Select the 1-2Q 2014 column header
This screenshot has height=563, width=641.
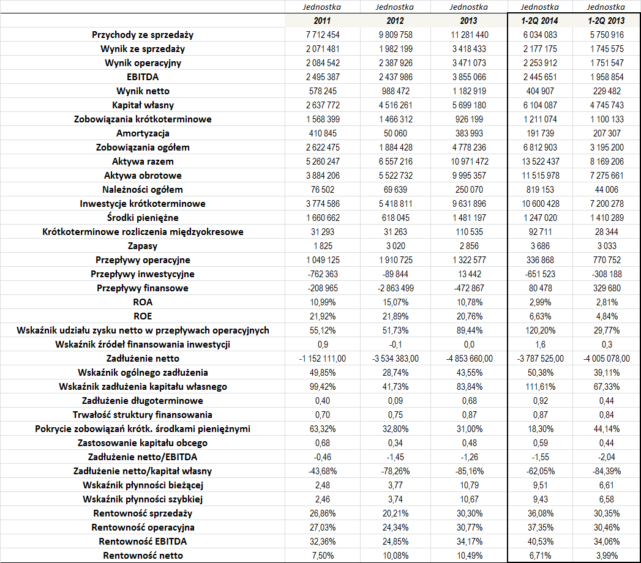click(539, 21)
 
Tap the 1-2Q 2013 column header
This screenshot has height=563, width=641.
click(606, 21)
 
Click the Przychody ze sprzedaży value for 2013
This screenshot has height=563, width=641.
click(468, 35)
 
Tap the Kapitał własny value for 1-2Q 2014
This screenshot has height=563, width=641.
click(539, 105)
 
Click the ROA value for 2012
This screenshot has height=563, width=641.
click(395, 302)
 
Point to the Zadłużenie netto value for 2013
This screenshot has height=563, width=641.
click(468, 359)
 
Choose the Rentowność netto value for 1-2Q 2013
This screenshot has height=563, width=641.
click(606, 556)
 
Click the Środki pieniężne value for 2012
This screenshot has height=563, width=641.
click(395, 218)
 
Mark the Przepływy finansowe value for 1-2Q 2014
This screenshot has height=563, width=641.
click(539, 288)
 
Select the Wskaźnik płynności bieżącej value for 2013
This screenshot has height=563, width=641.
click(468, 485)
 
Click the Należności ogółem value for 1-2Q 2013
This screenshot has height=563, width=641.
click(606, 190)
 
